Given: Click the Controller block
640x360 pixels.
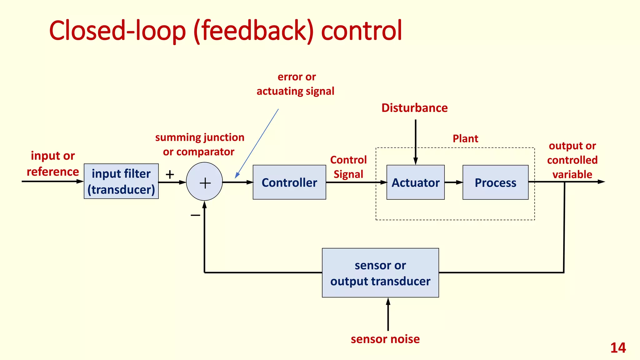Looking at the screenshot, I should point(289,182).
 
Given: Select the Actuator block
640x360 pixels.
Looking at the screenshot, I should point(415,182).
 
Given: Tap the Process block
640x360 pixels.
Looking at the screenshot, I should point(495,182).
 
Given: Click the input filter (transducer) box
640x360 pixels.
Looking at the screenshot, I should point(121,181).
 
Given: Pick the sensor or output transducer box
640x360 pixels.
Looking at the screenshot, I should point(380,272).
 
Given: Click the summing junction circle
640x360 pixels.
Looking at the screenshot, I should point(204,182).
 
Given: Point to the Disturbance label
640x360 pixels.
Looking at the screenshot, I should point(414,108).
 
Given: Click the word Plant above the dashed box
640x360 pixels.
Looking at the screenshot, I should point(465,138).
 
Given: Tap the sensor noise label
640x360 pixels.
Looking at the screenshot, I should point(385,339).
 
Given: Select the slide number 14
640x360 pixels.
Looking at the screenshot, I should point(618,348).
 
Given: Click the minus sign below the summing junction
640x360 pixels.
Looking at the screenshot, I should point(195,215).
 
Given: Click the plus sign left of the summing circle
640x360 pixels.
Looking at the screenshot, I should point(170,174).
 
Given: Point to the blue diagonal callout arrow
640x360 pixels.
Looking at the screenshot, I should point(257,143).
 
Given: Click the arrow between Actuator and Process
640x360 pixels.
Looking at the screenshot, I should point(453,182).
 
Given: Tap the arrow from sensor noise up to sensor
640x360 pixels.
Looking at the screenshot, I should point(388,314).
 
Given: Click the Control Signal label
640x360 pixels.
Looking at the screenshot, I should point(348,167).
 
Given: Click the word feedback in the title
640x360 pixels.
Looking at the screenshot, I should point(253,30).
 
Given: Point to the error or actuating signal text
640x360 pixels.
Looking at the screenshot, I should point(296,84).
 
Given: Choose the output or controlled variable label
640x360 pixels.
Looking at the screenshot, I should point(572,160).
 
